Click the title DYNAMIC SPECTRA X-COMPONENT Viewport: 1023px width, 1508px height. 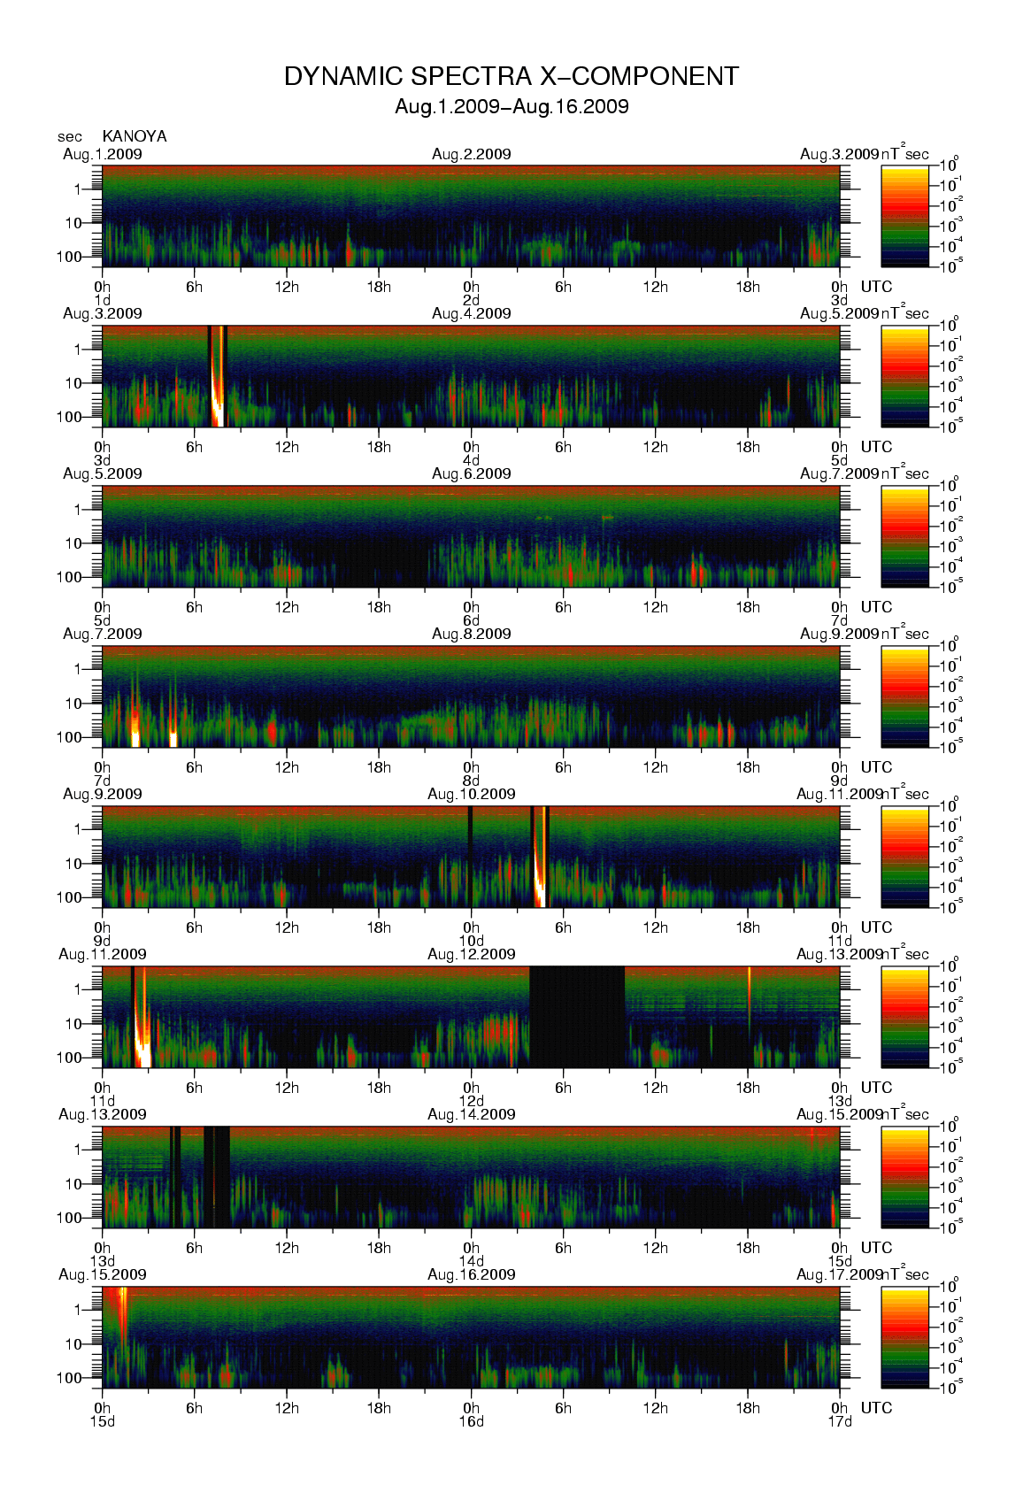[511, 77]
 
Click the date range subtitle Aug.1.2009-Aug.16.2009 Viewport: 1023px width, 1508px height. [511, 107]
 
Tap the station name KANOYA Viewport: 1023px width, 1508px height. [135, 136]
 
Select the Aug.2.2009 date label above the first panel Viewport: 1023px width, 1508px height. [471, 154]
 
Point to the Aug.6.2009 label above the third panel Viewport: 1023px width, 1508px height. [471, 473]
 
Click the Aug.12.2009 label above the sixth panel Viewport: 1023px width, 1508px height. [471, 954]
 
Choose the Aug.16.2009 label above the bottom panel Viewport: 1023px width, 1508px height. [471, 1274]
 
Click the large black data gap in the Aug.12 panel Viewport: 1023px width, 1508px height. [576, 1016]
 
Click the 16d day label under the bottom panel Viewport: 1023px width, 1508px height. [471, 1422]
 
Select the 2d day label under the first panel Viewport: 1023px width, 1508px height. [471, 300]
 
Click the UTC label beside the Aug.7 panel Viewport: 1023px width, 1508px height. [876, 767]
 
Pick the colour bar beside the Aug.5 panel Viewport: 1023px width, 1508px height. [904, 536]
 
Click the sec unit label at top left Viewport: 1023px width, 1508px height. [70, 137]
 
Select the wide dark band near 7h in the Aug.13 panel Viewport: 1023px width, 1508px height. [217, 1176]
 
